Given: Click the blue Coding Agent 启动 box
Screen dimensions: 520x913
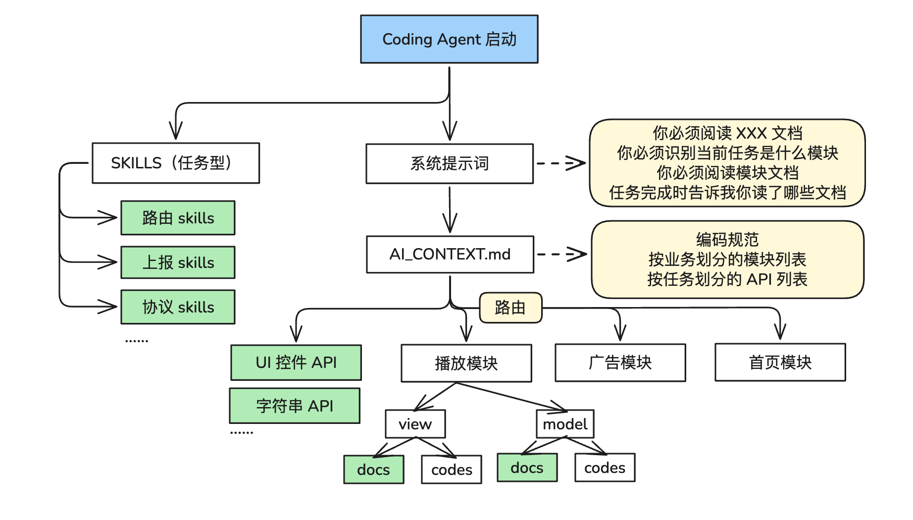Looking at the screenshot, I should tap(449, 39).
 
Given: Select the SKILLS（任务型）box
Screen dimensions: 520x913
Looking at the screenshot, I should tap(176, 163).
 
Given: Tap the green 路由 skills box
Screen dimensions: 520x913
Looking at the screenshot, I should tap(178, 218).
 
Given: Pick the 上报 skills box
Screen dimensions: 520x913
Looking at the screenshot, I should tap(178, 262).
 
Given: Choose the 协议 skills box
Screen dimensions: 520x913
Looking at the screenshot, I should tap(178, 307).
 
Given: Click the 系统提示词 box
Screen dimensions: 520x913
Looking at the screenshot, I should tap(450, 163).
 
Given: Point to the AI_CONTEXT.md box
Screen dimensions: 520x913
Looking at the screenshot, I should tap(450, 255).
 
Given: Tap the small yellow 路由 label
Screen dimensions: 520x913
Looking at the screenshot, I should tap(510, 308).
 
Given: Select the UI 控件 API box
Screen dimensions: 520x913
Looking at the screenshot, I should tap(296, 363).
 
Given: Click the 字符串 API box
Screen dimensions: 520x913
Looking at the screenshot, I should tap(295, 406).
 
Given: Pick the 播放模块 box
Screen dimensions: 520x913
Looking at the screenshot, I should tap(466, 363).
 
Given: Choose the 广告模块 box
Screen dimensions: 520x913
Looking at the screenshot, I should tap(620, 363).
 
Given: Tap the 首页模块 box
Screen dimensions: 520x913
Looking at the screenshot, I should tap(780, 363).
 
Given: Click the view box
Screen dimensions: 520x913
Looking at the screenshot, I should tap(415, 424).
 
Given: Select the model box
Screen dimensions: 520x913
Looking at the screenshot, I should tap(565, 424).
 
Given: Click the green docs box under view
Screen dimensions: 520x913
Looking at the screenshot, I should tap(374, 469).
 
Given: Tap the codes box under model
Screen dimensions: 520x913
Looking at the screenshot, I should tap(605, 468).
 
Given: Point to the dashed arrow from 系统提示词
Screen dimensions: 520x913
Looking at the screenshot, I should tap(561, 163).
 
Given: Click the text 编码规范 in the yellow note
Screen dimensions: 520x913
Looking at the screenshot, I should tap(727, 240).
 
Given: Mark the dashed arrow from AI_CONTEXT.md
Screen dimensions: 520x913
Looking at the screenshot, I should tap(562, 254).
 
